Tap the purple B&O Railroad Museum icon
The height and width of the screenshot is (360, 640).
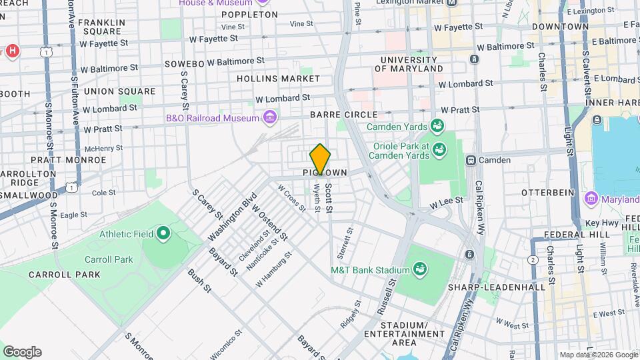click(x=270, y=118)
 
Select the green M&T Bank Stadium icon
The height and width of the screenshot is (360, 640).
click(x=420, y=269)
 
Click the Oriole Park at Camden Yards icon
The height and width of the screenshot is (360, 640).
click(x=439, y=149)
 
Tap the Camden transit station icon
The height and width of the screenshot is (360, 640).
click(x=471, y=160)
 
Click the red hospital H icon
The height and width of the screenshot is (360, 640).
click(x=12, y=51)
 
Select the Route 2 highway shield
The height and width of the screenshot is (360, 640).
click(x=533, y=259)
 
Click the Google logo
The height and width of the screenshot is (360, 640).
click(x=22, y=352)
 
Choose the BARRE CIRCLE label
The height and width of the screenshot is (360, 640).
click(x=344, y=115)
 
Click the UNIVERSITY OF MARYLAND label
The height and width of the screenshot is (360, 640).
click(x=411, y=64)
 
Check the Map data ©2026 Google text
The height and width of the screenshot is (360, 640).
click(x=599, y=355)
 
